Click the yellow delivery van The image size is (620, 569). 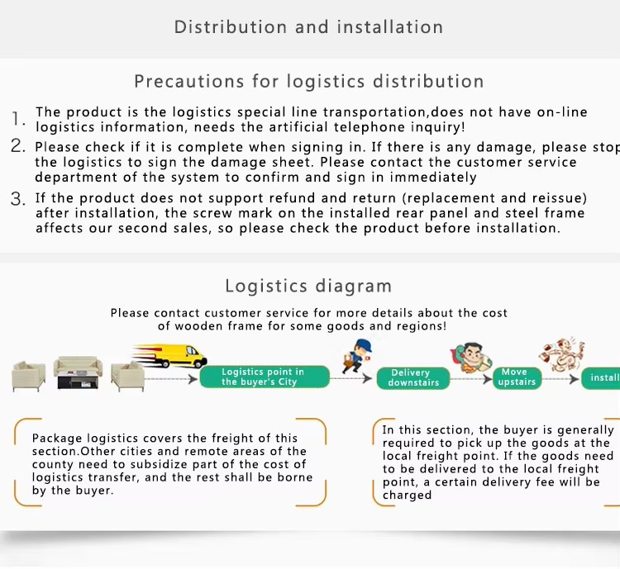[x=170, y=355]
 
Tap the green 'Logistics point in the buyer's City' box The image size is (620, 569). [x=265, y=377]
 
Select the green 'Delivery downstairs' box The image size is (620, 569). [x=413, y=378]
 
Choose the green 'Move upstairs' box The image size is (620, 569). [x=517, y=377]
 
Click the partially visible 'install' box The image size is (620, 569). [x=601, y=378]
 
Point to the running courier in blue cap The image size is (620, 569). [x=356, y=356]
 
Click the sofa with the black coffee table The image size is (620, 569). [x=78, y=372]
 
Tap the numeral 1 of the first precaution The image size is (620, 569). [x=17, y=119]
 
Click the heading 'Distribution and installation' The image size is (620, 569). [x=308, y=27]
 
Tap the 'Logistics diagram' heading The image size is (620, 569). [x=308, y=286]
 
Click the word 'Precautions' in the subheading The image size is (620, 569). [x=189, y=82]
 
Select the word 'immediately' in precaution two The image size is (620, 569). [x=433, y=178]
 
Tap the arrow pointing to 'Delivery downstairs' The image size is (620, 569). [x=351, y=378]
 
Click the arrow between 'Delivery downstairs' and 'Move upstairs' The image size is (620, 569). [x=471, y=379]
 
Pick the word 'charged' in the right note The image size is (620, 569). [x=407, y=496]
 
